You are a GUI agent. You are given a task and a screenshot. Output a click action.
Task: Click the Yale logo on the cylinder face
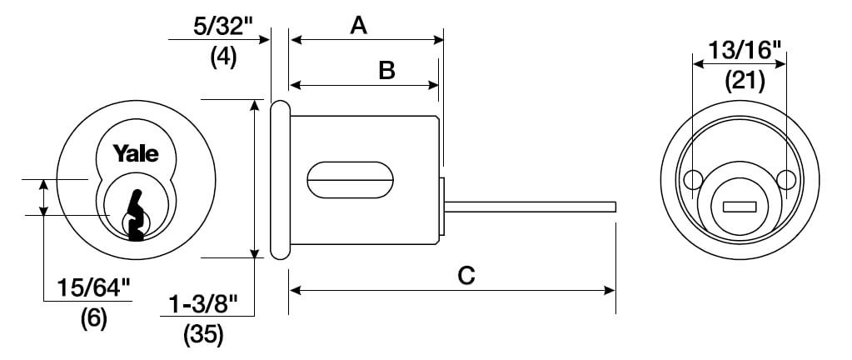coord(136,153)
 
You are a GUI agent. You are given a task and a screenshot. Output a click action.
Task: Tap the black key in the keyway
coord(137,215)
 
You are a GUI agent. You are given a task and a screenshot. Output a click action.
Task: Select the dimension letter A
coord(359,26)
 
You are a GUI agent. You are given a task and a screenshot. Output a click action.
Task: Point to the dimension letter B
coord(386,71)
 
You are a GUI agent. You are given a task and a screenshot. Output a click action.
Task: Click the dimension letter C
coord(466,276)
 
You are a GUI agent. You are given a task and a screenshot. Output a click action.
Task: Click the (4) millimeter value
coord(224,57)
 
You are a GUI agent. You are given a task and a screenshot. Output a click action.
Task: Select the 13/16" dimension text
coord(745,51)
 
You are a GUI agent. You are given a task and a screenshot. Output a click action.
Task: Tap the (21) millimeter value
coord(745,81)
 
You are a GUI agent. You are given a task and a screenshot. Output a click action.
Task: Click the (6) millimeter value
coord(94,318)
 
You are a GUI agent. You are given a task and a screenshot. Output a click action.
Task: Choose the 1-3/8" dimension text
coord(203,305)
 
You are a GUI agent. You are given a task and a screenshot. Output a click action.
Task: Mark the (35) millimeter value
coord(203,336)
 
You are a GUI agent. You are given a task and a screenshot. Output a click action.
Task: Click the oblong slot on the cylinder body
coord(351,180)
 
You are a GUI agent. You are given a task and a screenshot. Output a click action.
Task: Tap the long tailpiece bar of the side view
coord(531,207)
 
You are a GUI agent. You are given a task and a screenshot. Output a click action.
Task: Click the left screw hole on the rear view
coord(692,179)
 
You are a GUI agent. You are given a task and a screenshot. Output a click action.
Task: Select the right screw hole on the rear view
coord(786,179)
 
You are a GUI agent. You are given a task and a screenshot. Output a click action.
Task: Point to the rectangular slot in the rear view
coord(740,207)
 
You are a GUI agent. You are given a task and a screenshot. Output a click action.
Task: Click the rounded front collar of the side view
coord(281,180)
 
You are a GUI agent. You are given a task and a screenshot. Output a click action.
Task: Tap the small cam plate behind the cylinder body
coord(441,207)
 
